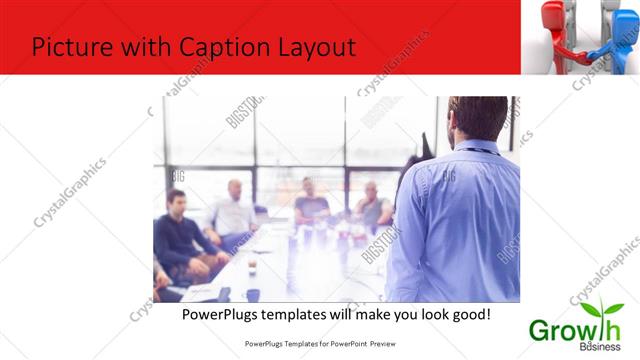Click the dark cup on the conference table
coord(253,292)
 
